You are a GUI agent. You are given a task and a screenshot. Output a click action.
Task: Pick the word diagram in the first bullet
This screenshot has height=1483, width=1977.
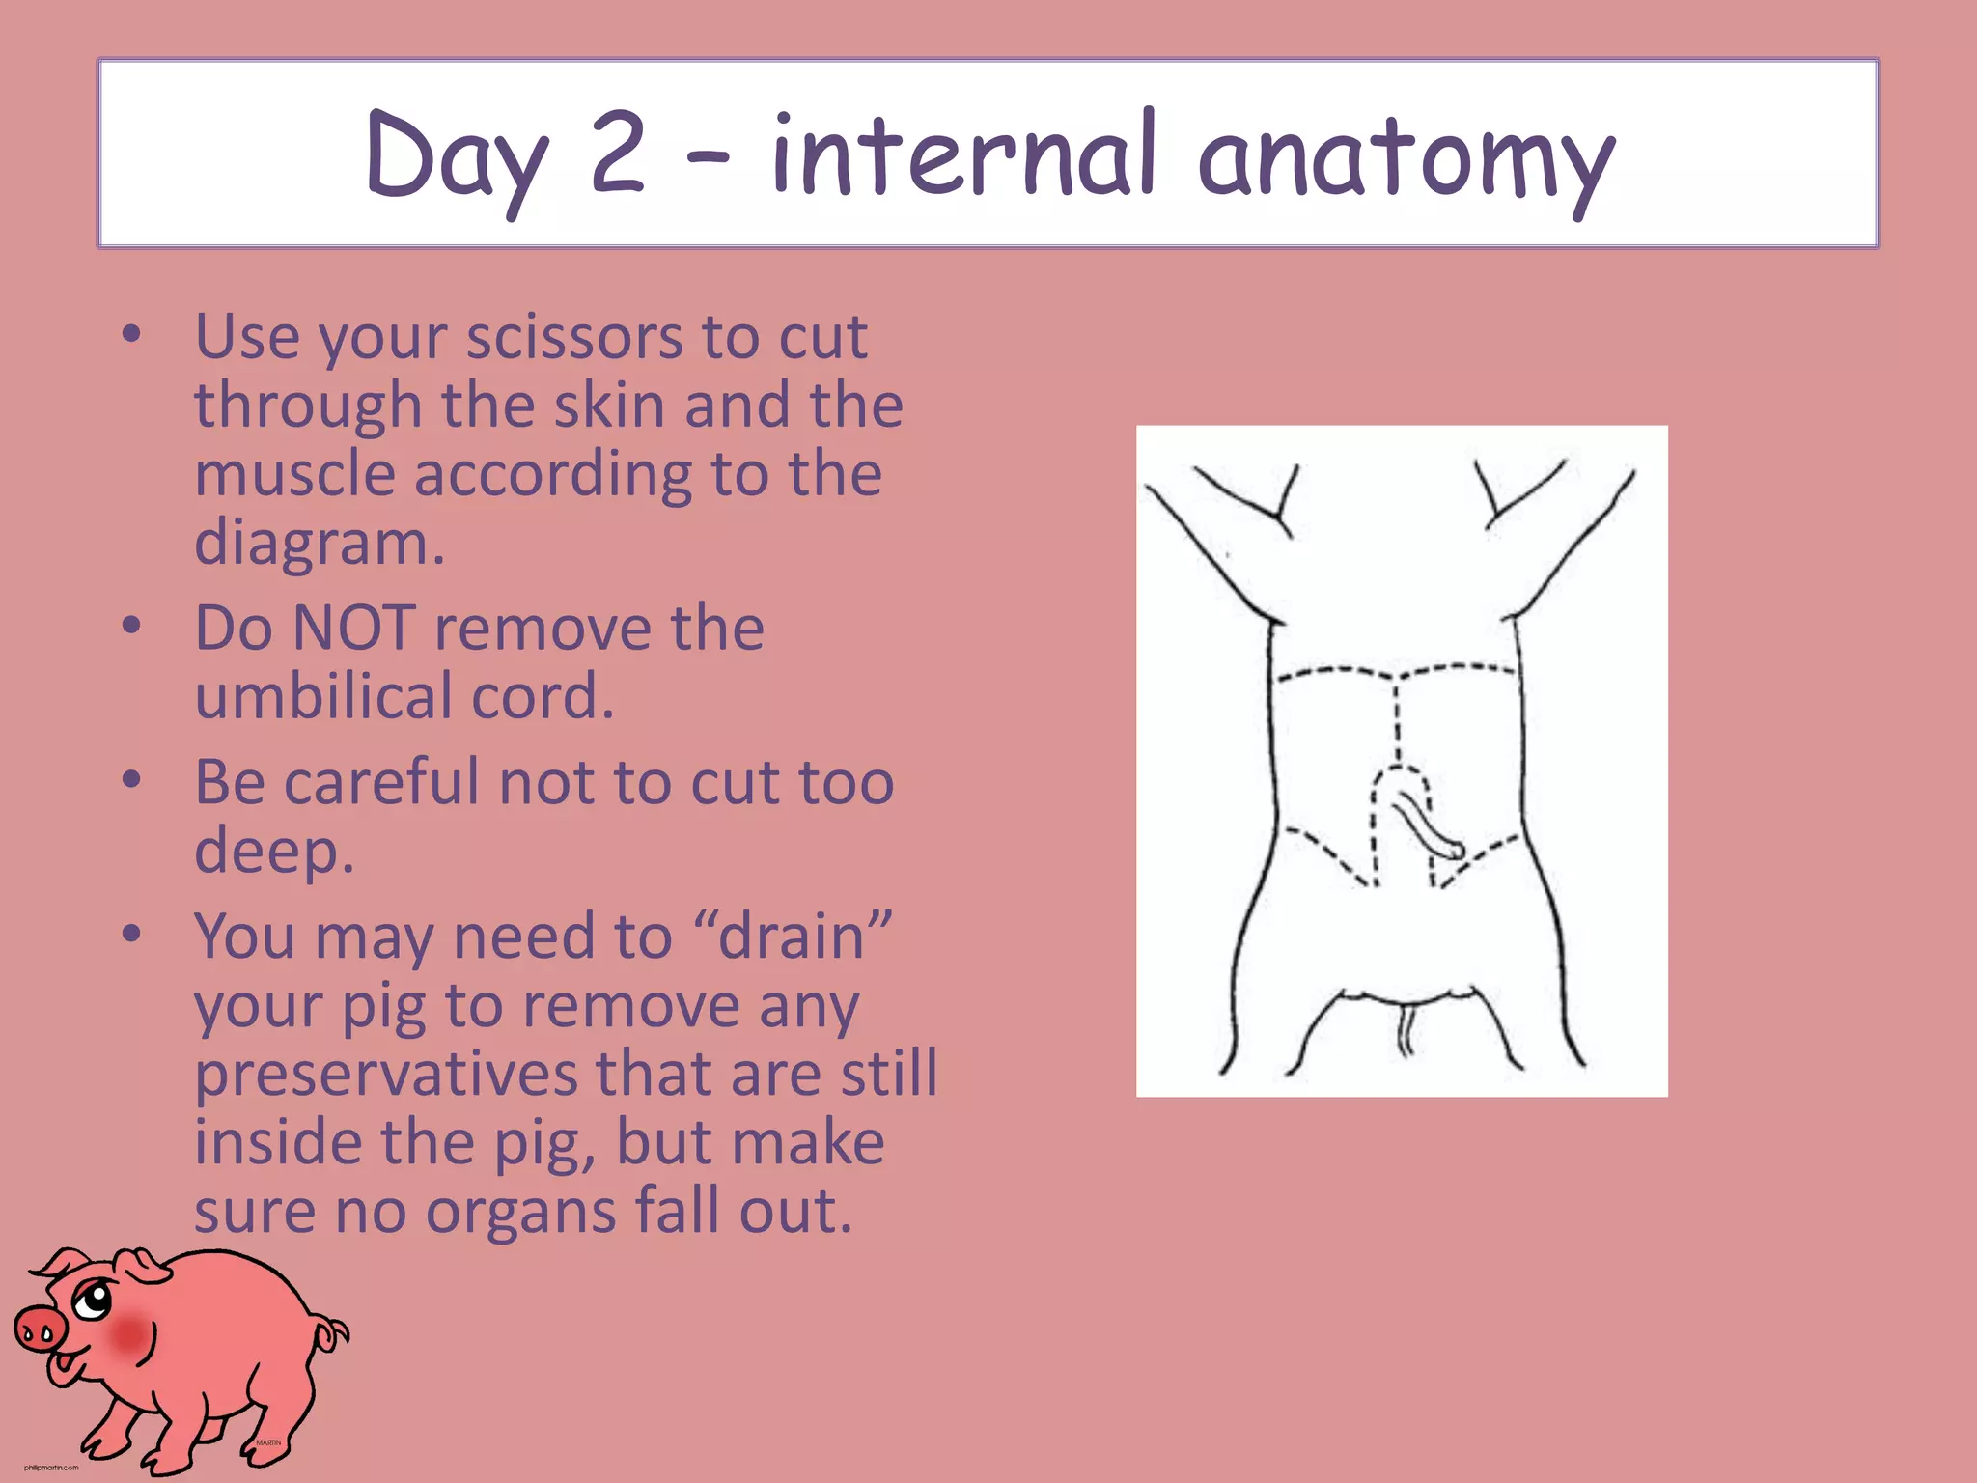point(319,544)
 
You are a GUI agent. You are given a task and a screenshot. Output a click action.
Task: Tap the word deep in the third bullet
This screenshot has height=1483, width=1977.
point(273,851)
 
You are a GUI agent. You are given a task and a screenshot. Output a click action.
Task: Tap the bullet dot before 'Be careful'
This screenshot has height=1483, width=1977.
point(132,779)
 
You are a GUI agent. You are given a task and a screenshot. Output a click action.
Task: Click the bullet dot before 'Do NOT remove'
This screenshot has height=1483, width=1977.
point(132,626)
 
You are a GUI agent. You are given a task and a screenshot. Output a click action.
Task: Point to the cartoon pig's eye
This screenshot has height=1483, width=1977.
point(94,1300)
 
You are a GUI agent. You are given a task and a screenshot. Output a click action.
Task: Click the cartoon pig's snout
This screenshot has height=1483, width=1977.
point(39,1332)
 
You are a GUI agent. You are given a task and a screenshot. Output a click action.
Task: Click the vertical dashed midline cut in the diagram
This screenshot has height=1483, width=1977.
point(1396,719)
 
